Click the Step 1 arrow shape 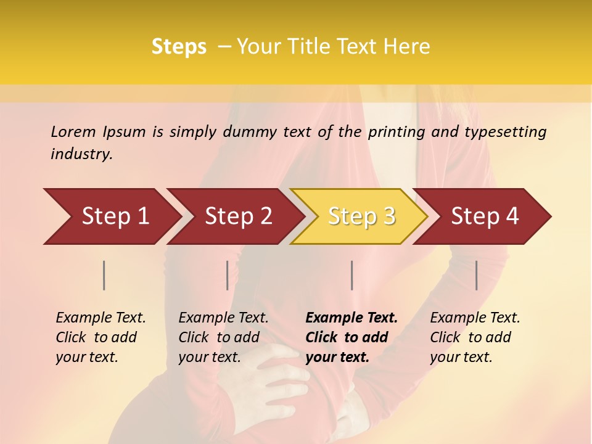(115, 216)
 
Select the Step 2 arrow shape (238, 216)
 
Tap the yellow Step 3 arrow (361, 216)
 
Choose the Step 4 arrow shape (485, 216)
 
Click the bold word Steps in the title (179, 47)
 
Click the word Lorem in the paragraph (73, 131)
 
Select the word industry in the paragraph (81, 154)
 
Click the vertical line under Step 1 (104, 275)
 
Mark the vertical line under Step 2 (228, 275)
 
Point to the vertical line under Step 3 (351, 275)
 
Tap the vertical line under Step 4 (476, 275)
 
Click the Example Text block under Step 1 (101, 337)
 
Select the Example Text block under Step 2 (223, 337)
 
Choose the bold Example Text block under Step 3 (351, 337)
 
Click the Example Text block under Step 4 (475, 337)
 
